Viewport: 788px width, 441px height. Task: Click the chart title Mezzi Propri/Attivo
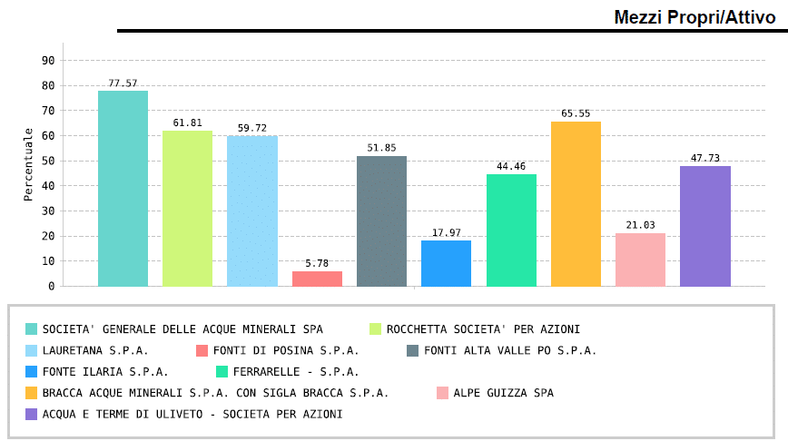pyautogui.click(x=694, y=16)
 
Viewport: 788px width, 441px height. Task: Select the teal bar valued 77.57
pyautogui.click(x=123, y=188)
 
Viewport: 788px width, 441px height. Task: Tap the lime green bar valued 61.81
pyautogui.click(x=187, y=208)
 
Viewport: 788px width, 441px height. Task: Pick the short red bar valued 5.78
pyautogui.click(x=317, y=279)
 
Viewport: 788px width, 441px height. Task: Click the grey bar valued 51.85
pyautogui.click(x=381, y=220)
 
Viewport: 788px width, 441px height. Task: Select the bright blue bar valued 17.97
pyautogui.click(x=446, y=263)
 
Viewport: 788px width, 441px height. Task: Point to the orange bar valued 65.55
pyautogui.click(x=576, y=203)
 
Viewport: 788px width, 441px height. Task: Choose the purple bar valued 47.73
pyautogui.click(x=704, y=226)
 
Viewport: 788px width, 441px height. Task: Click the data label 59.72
pyautogui.click(x=252, y=128)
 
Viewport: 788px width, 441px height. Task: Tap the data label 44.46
pyautogui.click(x=511, y=166)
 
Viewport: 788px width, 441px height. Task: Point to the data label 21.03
pyautogui.click(x=640, y=225)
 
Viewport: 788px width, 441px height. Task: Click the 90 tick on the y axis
pyautogui.click(x=49, y=61)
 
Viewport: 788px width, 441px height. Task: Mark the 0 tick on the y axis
pyautogui.click(x=52, y=286)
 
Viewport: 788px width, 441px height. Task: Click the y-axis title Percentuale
pyautogui.click(x=29, y=164)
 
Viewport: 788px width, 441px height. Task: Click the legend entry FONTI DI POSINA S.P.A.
pyautogui.click(x=285, y=350)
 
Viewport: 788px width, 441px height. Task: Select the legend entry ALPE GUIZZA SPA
pyautogui.click(x=503, y=393)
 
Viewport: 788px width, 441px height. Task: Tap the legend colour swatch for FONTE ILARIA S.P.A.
pyautogui.click(x=32, y=371)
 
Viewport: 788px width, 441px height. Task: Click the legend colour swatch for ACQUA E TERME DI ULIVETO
pyautogui.click(x=32, y=414)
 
